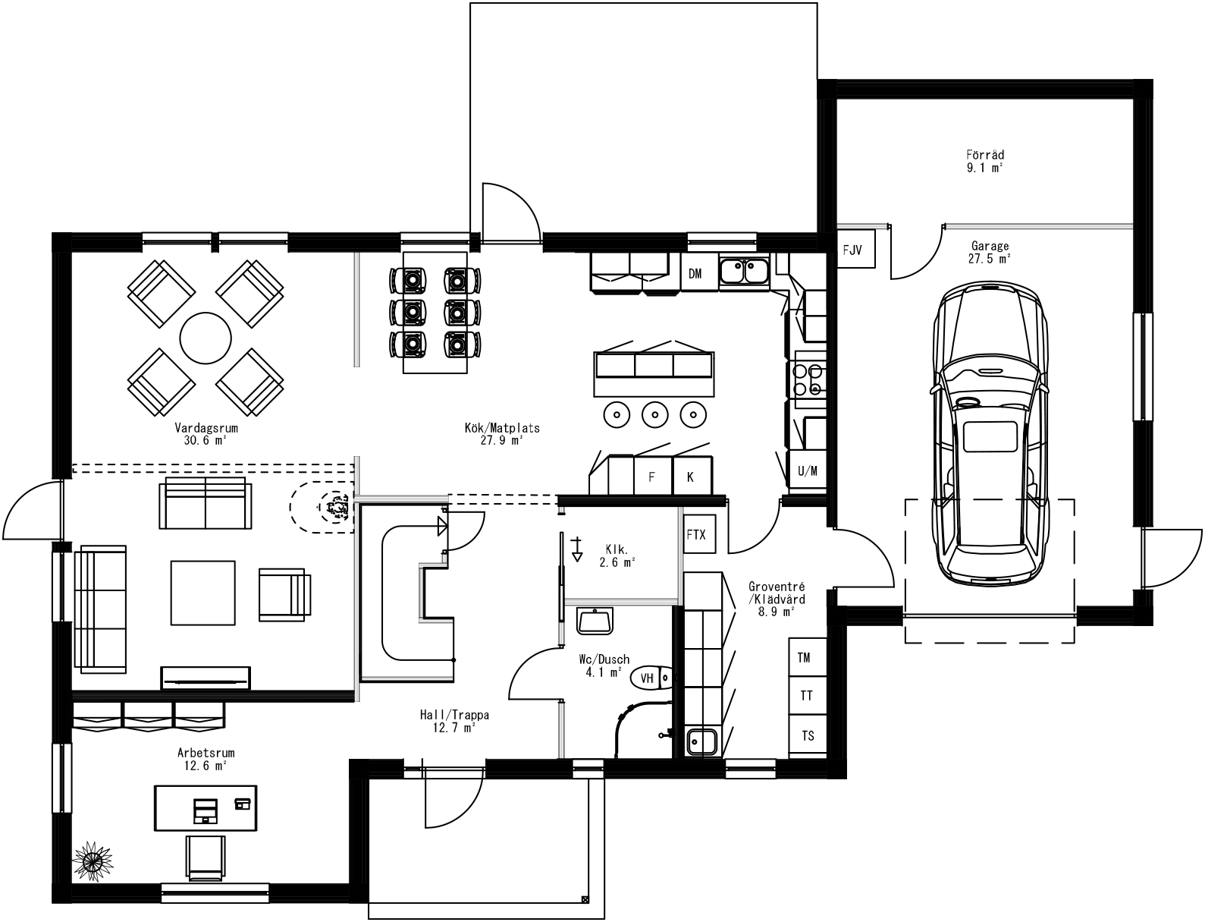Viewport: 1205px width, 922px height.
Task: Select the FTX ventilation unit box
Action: (x=696, y=534)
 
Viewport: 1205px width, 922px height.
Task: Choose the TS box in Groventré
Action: (x=807, y=735)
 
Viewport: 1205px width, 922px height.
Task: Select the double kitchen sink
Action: (x=745, y=272)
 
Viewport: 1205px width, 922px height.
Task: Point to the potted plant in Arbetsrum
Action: (x=93, y=861)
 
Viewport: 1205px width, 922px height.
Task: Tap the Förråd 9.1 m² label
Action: (x=985, y=161)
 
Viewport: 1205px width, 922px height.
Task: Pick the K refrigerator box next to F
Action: (x=691, y=477)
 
